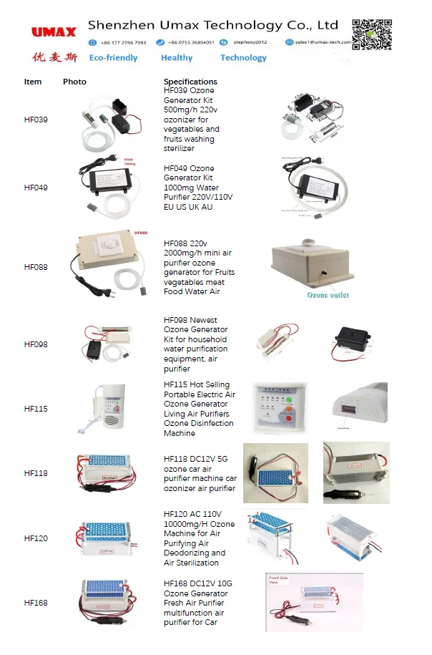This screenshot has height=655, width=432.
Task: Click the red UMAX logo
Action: click(54, 32)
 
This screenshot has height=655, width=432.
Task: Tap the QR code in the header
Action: click(371, 34)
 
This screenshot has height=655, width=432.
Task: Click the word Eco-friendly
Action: click(113, 58)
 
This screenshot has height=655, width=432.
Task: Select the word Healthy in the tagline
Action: click(177, 58)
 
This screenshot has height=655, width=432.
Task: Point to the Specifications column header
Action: click(190, 82)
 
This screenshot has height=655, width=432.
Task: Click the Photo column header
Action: click(74, 82)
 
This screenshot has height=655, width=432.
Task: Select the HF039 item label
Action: click(36, 120)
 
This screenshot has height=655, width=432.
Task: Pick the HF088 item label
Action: click(36, 267)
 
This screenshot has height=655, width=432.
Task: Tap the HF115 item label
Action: click(36, 409)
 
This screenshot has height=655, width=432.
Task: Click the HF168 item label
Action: click(36, 603)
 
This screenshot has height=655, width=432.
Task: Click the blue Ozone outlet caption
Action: click(328, 295)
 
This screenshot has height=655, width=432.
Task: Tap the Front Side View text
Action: click(279, 580)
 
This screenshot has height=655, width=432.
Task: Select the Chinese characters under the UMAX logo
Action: click(54, 57)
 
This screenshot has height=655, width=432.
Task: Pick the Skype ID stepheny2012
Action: click(250, 42)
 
